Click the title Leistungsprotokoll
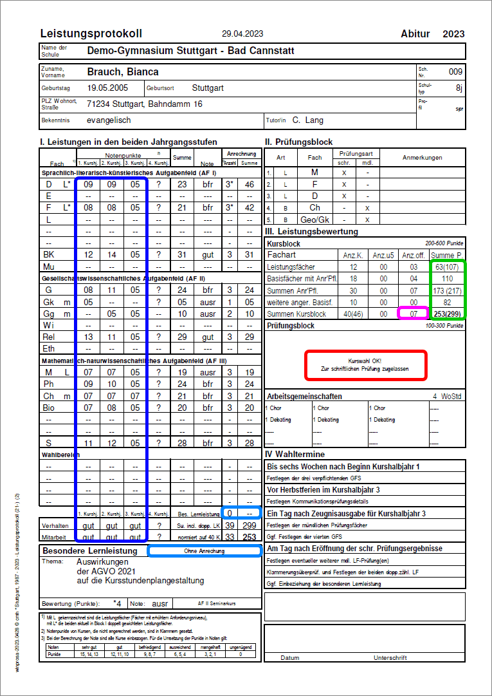pos(91,33)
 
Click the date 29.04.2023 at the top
pos(242,33)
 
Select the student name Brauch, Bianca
pos(122,71)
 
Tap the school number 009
pos(455,71)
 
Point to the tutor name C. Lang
pos(307,120)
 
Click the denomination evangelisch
pos(109,120)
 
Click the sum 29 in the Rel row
pos(182,337)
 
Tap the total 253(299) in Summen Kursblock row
pos(448,314)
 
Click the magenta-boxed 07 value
pos(413,314)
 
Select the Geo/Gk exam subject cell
pos(314,220)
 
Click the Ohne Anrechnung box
pos(204,551)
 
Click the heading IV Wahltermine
pos(297,455)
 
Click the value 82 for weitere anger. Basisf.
pos(448,302)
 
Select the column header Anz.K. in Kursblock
pos(353,255)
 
